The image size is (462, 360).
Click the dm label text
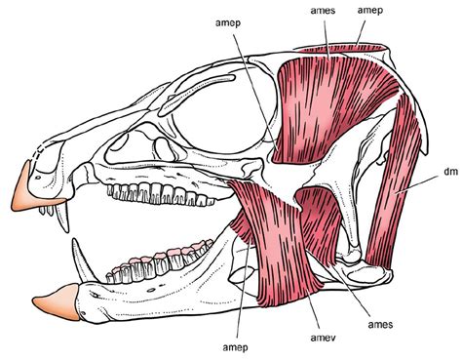point(423,172)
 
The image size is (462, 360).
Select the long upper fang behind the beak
point(67,220)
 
